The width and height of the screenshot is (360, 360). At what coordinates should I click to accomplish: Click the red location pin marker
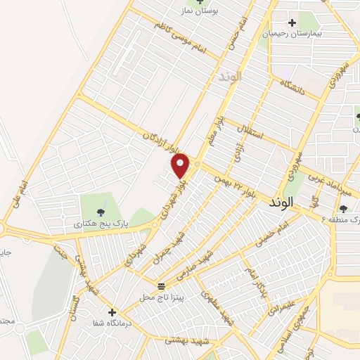181,165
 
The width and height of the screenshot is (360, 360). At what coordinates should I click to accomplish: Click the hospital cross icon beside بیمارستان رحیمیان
292,22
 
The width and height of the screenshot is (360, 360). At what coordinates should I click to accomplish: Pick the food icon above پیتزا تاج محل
161,285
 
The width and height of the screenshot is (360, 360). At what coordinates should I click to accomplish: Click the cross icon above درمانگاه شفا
111,311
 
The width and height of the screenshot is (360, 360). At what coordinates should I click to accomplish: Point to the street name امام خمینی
275,235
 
